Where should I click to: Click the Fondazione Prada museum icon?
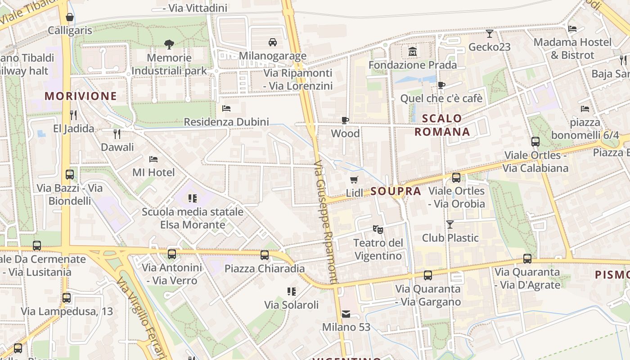tap(412, 52)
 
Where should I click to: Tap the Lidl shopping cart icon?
tap(354, 180)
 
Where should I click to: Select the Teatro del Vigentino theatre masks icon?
tap(378, 229)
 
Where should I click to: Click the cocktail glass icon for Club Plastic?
tap(450, 224)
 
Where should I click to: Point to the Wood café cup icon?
tap(345, 120)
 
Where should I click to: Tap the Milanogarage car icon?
tap(272, 42)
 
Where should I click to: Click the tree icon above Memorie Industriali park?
tap(169, 44)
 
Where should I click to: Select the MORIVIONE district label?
tap(81, 96)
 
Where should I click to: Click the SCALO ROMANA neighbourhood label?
tap(442, 125)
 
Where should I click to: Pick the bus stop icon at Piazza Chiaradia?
tap(265, 255)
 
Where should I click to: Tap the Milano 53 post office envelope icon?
tap(346, 314)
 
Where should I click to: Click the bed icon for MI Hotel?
tap(153, 159)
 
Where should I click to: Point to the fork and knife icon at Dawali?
tap(117, 134)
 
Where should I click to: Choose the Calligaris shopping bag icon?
tap(70, 18)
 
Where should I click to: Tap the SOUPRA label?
tap(396, 191)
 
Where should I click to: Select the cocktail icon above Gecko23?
tap(490, 33)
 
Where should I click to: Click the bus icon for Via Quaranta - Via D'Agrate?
tap(527, 259)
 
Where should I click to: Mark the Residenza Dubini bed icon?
tap(226, 108)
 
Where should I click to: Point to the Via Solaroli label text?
tap(291, 305)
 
